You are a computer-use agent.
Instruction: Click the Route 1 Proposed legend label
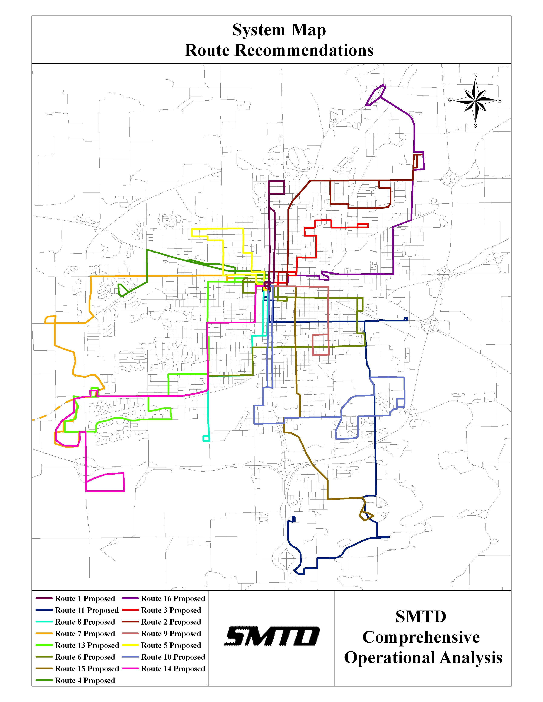(x=85, y=598)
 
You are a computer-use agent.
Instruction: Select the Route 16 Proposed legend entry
(x=173, y=598)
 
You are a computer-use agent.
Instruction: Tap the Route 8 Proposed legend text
(x=85, y=622)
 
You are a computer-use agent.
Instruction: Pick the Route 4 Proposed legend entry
(x=85, y=681)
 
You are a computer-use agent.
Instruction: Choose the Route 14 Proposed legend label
(x=173, y=669)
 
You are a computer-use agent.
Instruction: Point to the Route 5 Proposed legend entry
(x=171, y=645)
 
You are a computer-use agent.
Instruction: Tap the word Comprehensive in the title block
(x=421, y=637)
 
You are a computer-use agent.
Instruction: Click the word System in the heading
(x=259, y=30)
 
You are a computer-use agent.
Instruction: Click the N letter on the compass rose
(x=475, y=75)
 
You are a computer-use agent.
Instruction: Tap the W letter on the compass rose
(x=450, y=101)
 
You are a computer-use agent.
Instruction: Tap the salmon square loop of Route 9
(x=320, y=345)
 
